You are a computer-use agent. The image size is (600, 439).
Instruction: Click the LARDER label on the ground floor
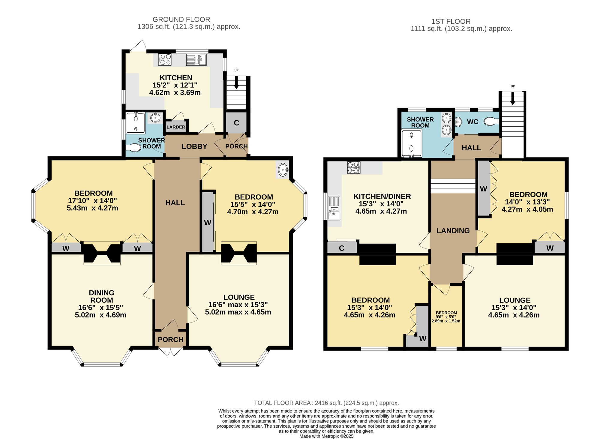[x=176, y=127]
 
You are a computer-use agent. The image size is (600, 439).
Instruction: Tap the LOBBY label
[x=194, y=146]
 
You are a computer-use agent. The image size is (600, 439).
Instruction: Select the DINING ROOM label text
[x=102, y=296]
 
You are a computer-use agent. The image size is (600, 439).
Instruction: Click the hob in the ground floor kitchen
[x=165, y=59]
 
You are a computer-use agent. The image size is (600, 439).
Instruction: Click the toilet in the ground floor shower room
[x=133, y=148]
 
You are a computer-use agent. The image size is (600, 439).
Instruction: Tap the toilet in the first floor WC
[x=492, y=121]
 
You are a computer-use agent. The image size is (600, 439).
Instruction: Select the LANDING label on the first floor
[x=453, y=231]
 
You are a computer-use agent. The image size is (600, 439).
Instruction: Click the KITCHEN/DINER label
[x=382, y=197]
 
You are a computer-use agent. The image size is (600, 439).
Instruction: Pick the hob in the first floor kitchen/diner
[x=354, y=168]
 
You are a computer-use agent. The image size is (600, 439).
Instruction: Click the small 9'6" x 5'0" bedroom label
[x=446, y=317]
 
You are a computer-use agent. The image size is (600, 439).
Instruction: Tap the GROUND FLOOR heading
[x=181, y=20]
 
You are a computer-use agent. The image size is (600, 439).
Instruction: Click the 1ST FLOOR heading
[x=451, y=22]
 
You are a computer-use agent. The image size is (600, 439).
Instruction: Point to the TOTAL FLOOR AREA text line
[x=326, y=403]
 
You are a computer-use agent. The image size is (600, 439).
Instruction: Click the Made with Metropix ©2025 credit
[x=326, y=436]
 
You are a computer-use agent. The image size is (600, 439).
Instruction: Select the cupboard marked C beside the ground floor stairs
[x=236, y=122]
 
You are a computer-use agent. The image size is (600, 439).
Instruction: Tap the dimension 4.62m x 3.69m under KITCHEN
[x=175, y=92]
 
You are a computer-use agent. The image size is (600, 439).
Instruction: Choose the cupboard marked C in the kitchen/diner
[x=342, y=248]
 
